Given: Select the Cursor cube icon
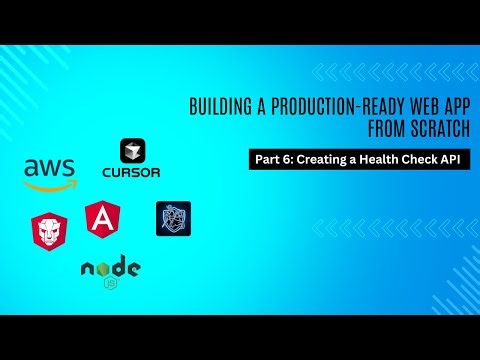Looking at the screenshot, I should [131, 151].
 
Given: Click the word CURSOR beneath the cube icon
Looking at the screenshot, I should [131, 171].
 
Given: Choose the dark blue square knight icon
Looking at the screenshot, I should [172, 218].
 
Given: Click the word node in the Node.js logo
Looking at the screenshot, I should [110, 267].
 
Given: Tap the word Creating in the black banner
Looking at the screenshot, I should [320, 159].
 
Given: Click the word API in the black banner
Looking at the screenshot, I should [455, 159].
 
